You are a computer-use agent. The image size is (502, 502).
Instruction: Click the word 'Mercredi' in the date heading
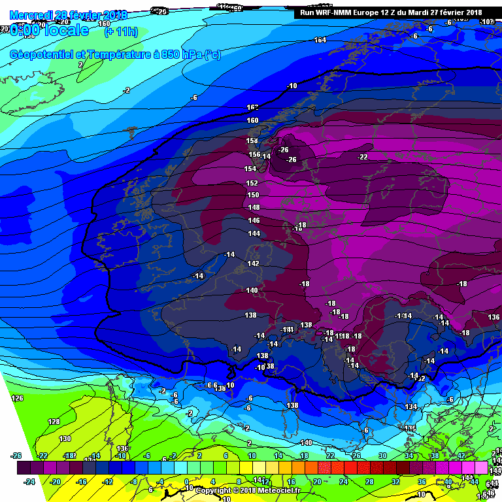32,14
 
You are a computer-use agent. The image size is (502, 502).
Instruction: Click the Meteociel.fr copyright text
248,490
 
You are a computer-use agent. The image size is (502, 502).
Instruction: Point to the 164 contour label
320,41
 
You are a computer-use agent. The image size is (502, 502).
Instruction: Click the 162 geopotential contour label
253,107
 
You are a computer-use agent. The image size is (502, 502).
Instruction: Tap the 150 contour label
253,195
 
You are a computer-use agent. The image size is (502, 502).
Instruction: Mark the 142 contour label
253,263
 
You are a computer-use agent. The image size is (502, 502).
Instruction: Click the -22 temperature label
362,157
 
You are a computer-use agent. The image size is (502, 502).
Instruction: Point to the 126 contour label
18,398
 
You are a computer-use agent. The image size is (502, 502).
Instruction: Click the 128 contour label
54,422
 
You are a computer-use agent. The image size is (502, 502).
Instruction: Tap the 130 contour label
65,439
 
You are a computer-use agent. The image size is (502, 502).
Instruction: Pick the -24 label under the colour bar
29,482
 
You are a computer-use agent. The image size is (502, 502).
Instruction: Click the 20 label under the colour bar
317,482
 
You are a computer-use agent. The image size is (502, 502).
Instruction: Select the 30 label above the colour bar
382,456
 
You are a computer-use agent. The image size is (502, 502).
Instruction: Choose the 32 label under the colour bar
395,482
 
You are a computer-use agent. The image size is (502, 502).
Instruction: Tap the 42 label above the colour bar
461,456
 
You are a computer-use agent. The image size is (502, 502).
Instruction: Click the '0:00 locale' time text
50,31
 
